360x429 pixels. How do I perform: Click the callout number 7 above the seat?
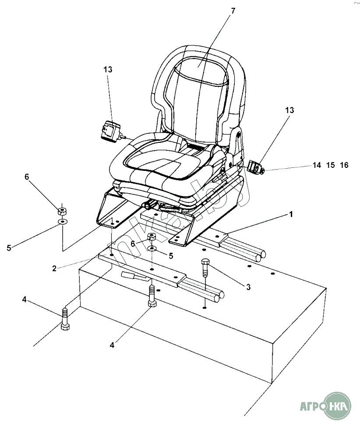[x=233, y=11]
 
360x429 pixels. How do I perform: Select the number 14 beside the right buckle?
[x=317, y=165]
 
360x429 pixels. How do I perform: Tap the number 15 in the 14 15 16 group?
[x=330, y=165]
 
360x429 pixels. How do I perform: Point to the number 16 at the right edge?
[x=344, y=165]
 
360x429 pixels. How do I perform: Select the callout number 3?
[x=248, y=287]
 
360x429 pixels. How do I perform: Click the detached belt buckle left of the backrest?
[x=110, y=132]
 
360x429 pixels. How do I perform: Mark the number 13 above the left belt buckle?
[x=108, y=69]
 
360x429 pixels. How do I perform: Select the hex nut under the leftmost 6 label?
[x=62, y=211]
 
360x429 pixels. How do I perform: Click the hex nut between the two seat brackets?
[x=152, y=237]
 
